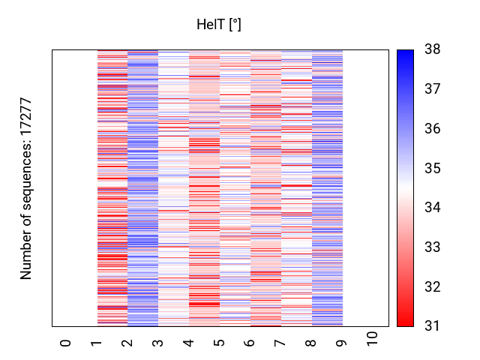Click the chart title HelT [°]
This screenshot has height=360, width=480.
(219, 25)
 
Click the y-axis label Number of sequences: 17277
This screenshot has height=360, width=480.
(27, 188)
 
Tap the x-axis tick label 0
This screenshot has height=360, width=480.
(66, 343)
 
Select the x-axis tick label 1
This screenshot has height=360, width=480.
(97, 343)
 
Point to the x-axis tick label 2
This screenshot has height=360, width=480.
(127, 343)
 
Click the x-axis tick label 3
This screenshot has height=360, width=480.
(158, 343)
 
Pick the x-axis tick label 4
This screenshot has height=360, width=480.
(189, 343)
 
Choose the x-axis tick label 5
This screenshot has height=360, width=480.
(220, 343)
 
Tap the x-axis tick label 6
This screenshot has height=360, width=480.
(250, 343)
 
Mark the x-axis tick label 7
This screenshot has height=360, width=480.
(281, 343)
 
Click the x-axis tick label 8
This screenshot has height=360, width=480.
(312, 343)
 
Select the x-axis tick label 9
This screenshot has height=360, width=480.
(343, 343)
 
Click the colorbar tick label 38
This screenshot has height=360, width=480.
(433, 50)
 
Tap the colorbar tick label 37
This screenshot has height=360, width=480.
(433, 89)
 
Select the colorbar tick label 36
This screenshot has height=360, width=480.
(433, 129)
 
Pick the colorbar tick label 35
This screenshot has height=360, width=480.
(433, 168)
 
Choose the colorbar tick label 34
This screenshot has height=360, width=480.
(433, 208)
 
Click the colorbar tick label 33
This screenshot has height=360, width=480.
(433, 247)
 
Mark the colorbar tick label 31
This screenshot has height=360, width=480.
(433, 325)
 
